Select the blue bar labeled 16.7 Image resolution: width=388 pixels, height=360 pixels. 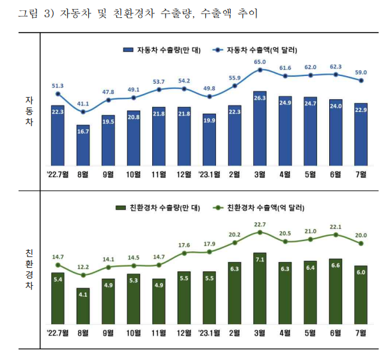click(83, 143)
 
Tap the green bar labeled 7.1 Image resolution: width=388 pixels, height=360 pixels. click(260, 287)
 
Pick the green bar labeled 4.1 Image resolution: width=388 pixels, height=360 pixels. click(83, 304)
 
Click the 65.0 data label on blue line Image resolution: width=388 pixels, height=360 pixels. click(260, 62)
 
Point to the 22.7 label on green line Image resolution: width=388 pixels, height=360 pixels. click(260, 224)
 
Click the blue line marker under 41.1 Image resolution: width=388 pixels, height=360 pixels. click(83, 112)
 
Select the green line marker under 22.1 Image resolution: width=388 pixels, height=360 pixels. click(336, 235)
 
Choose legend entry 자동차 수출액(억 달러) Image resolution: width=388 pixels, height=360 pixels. click(256, 49)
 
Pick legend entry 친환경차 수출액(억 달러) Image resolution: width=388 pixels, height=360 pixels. click(256, 208)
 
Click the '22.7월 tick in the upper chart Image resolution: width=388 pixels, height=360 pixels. click(58, 173)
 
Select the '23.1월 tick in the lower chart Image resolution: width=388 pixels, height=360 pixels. click(210, 332)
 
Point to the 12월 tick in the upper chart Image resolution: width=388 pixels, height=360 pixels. click(184, 173)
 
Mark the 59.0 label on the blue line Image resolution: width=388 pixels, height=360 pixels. click(361, 72)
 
